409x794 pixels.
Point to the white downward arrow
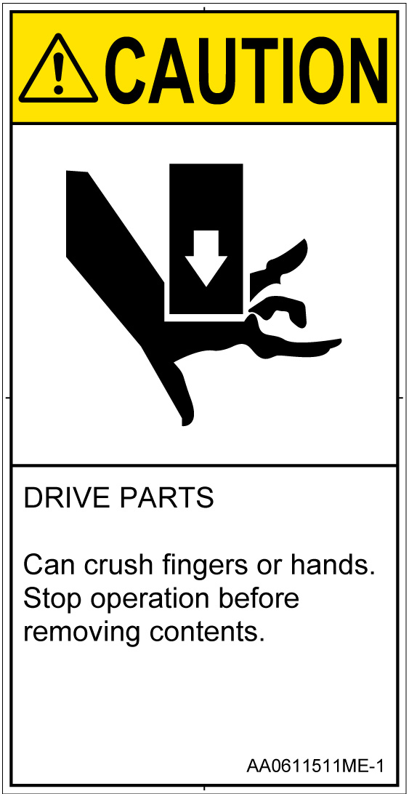[206, 258]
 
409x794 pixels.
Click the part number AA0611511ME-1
[315, 766]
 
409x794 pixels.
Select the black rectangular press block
[206, 238]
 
